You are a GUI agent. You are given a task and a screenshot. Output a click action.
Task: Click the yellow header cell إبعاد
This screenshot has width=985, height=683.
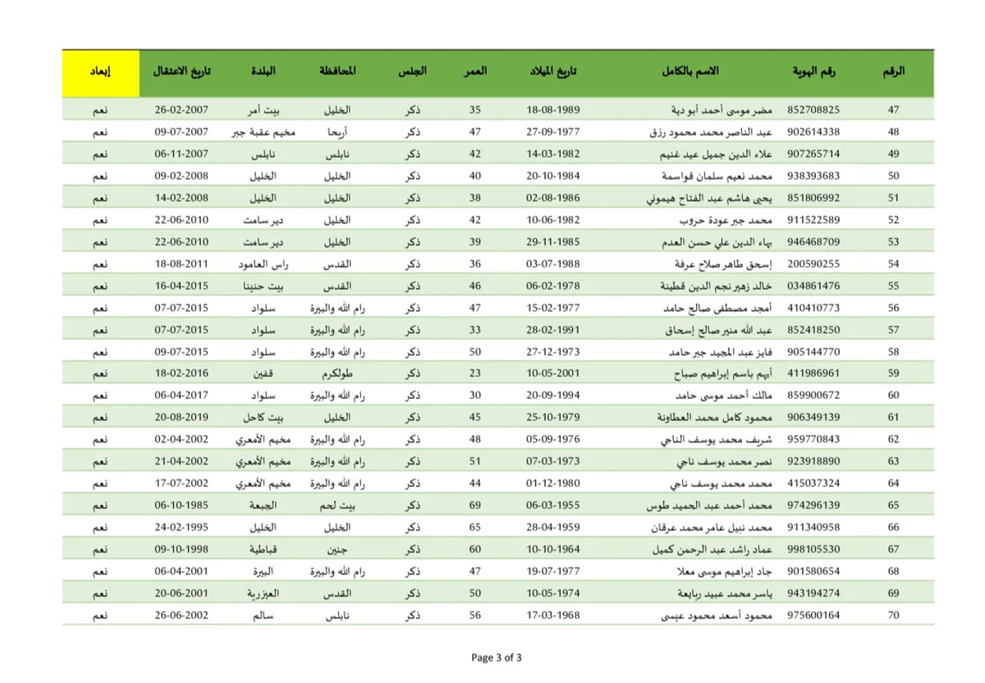100,71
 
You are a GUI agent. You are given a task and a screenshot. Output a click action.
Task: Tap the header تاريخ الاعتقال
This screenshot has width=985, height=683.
181,71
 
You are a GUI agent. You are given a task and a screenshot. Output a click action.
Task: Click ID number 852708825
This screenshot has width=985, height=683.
813,109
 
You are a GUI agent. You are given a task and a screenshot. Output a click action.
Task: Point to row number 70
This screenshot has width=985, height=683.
894,615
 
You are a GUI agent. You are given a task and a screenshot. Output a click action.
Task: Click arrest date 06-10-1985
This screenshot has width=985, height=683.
181,505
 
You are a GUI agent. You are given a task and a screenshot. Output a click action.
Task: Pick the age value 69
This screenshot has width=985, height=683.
475,505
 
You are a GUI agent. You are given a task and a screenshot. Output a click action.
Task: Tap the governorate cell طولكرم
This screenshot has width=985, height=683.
337,373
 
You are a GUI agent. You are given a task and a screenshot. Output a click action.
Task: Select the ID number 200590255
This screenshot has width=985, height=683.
813,264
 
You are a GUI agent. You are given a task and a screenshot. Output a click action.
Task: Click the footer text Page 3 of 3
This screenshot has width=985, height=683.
497,658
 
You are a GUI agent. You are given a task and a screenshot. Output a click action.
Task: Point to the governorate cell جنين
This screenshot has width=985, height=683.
337,549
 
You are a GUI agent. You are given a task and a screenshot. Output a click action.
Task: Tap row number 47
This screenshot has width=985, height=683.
894,109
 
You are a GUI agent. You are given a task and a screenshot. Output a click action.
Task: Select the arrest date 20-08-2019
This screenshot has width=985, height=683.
181,417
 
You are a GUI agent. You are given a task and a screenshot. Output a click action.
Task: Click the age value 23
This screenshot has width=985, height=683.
475,373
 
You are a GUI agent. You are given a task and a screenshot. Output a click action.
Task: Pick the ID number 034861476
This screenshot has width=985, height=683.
813,286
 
